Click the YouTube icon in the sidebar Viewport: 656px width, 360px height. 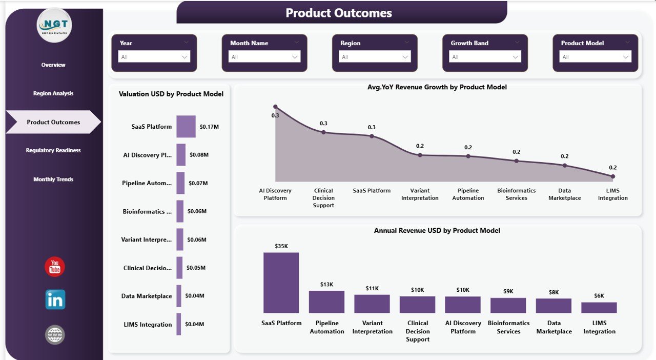click(55, 267)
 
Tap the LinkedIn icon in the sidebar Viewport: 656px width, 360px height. click(55, 300)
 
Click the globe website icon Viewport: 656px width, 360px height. click(55, 335)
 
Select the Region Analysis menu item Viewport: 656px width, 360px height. click(53, 93)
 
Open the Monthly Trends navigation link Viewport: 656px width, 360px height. click(53, 179)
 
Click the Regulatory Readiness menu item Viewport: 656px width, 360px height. click(53, 150)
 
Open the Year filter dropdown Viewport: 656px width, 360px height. click(154, 57)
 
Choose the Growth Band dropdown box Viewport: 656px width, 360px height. click(485, 57)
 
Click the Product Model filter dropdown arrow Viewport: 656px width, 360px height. click(626, 57)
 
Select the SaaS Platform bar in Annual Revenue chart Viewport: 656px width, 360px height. click(281, 283)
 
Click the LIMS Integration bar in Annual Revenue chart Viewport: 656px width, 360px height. click(599, 307)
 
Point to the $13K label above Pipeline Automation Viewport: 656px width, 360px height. click(327, 284)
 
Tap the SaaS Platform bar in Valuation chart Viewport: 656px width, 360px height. click(186, 127)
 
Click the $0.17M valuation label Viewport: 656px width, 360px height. click(209, 127)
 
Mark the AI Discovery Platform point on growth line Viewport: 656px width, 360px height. click(275, 107)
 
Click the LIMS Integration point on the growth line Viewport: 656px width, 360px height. click(612, 176)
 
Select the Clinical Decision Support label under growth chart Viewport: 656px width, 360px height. click(323, 198)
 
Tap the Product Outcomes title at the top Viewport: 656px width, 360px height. click(339, 13)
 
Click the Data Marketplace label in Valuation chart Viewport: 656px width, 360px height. click(147, 296)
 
